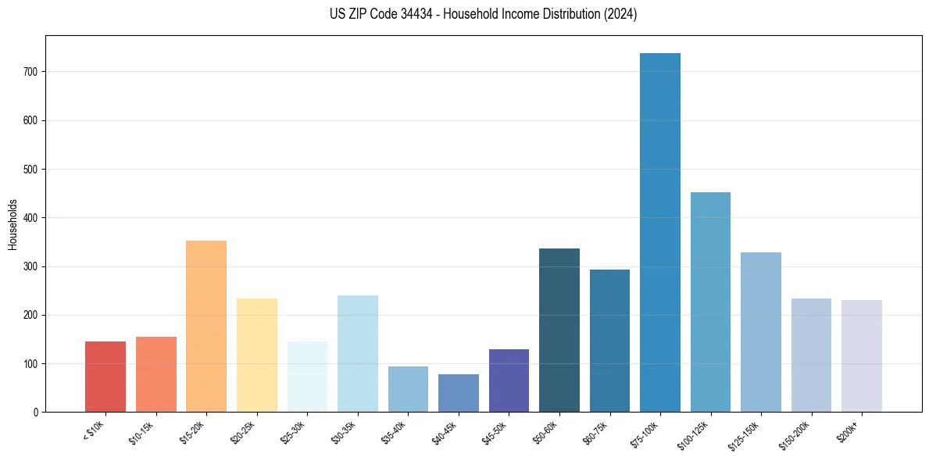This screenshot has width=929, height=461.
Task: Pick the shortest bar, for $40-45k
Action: pyautogui.click(x=458, y=393)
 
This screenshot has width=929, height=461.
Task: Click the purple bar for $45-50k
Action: pyautogui.click(x=509, y=381)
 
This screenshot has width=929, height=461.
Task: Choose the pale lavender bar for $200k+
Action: pyautogui.click(x=862, y=356)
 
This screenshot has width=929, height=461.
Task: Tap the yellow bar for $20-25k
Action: pyautogui.click(x=257, y=356)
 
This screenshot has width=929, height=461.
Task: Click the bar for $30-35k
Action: pyautogui.click(x=358, y=354)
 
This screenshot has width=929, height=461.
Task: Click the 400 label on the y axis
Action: pyautogui.click(x=35, y=218)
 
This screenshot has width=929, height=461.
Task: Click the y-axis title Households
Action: pyautogui.click(x=13, y=223)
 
